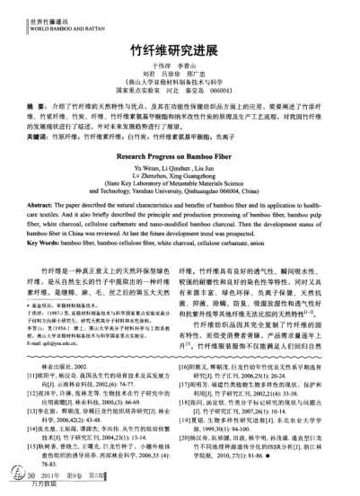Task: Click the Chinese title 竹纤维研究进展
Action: tap(180, 52)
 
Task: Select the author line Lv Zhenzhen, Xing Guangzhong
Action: tap(180, 180)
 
